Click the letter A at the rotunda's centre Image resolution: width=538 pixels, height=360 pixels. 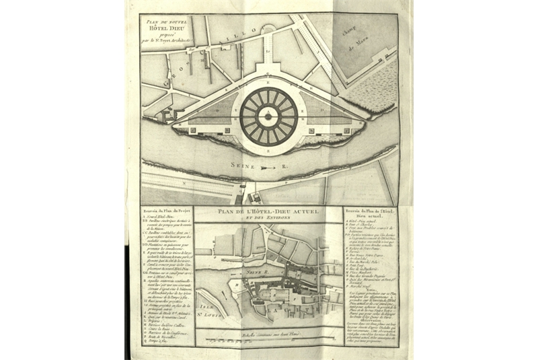pos(269,116)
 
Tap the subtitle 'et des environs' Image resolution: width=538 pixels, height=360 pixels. pos(269,219)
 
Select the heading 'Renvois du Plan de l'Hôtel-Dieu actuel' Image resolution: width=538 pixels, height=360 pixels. pos(369,213)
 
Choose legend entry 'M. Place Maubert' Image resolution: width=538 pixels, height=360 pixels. pos(363,260)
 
